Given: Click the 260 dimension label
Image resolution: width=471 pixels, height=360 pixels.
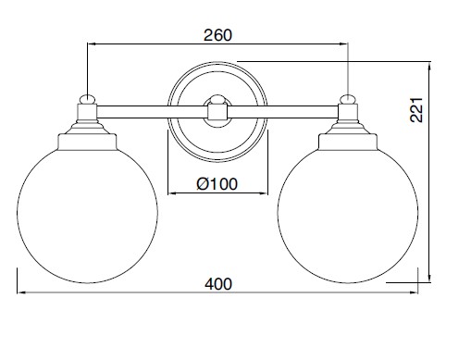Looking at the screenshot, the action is pos(217,35).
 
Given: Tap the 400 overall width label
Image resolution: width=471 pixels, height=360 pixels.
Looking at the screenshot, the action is pos(218,284).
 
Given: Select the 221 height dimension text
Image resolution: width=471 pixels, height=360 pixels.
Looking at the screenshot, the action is pos(416,110).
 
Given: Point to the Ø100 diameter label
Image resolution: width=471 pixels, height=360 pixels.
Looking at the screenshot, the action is pos(217,184).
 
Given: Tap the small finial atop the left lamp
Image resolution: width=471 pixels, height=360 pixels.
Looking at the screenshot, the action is pos(88,99).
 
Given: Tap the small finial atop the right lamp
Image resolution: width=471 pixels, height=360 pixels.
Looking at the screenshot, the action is pos(348,99).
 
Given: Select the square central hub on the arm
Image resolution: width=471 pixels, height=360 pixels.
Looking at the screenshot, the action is pos(217,112).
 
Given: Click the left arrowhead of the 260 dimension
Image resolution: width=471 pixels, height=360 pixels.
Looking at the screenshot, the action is pos(92,44).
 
